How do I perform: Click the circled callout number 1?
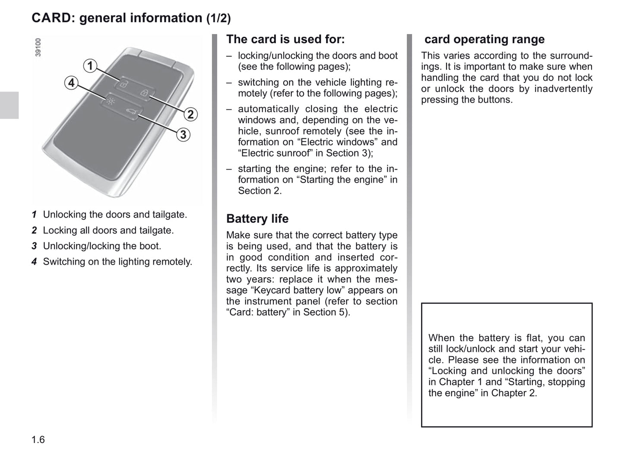pos(90,66)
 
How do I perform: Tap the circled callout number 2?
pos(190,114)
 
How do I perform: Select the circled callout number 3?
pos(183,135)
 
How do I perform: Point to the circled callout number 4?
pos(71,83)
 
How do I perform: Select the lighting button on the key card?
pos(111,102)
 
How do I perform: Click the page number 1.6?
pos(38,440)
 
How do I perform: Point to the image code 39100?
pos(38,47)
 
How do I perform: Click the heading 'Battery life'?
pos(257,219)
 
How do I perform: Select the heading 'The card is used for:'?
pos(285,39)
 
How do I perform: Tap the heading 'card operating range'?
pos(484,39)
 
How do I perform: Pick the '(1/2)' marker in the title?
pos(218,19)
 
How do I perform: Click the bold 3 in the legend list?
pos(34,246)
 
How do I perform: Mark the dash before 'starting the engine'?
pos(229,169)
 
